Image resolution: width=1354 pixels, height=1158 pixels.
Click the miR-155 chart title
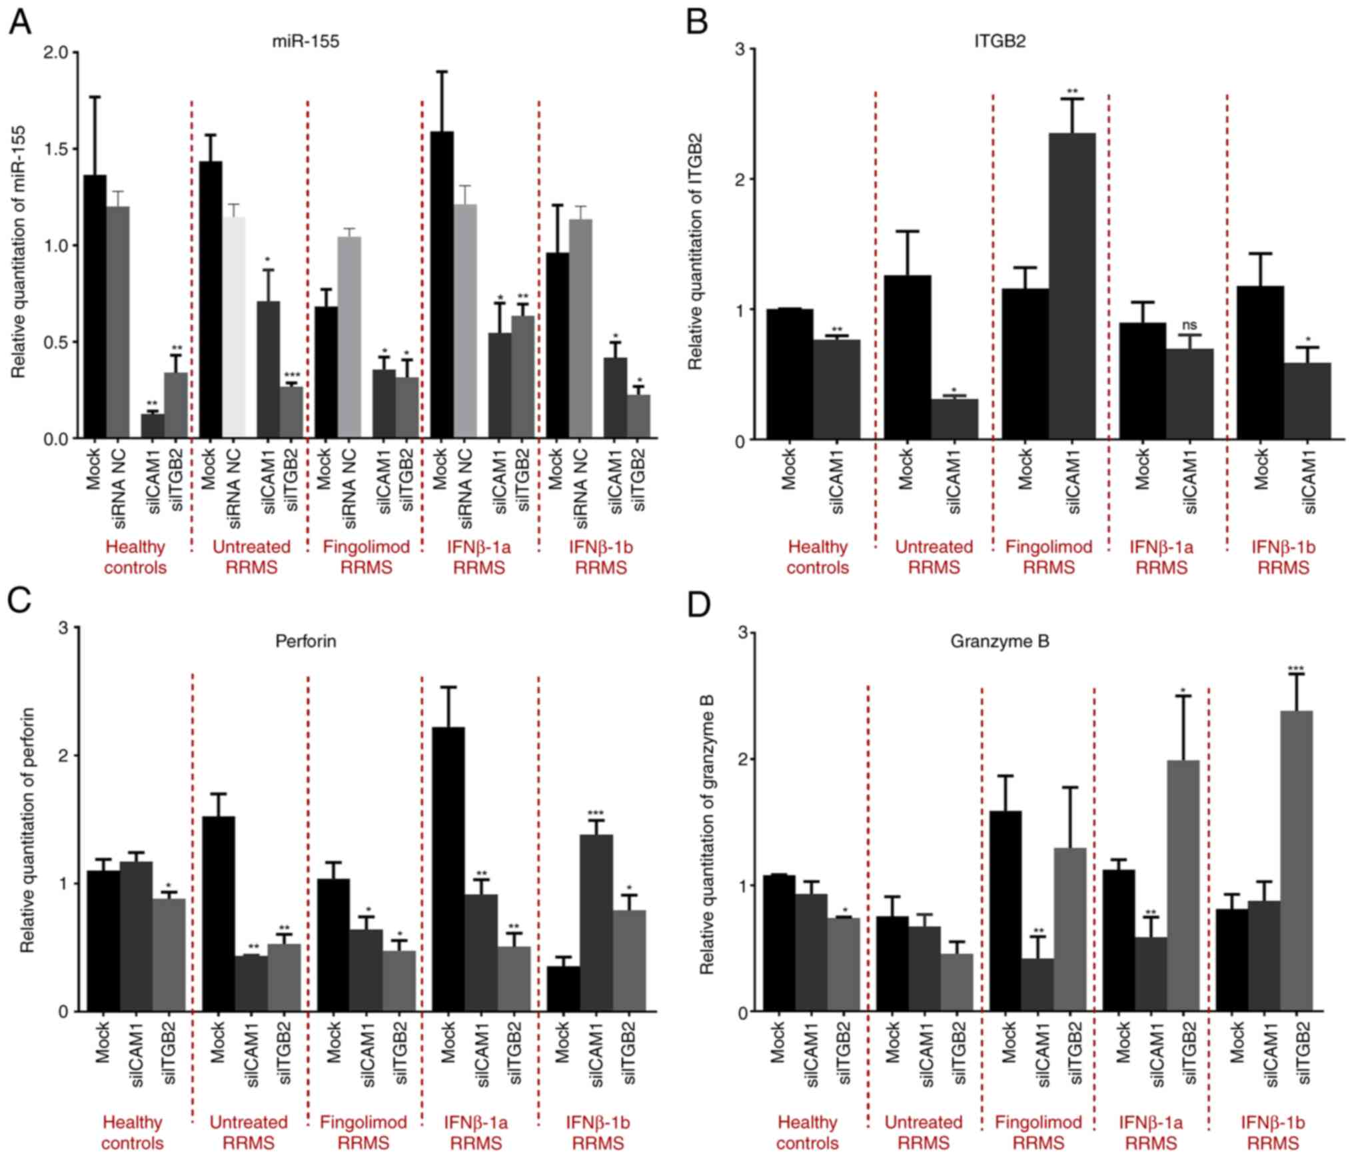click(305, 41)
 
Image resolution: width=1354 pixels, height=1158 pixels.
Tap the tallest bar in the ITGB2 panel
click(1071, 287)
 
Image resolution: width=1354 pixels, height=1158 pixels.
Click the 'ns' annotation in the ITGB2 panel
click(1189, 325)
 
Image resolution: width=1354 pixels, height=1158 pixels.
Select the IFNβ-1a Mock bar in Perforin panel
click(449, 869)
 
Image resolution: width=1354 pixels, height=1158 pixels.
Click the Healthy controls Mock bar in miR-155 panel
click(95, 306)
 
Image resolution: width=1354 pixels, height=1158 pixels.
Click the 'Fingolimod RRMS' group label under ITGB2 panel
click(1049, 557)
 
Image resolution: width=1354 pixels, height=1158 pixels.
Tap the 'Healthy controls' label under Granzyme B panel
click(807, 1133)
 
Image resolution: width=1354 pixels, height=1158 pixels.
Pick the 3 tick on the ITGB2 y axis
click(740, 49)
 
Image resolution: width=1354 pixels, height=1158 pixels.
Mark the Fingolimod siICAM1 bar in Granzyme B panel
click(1037, 985)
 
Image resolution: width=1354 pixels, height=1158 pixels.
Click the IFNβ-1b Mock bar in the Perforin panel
click(563, 989)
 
